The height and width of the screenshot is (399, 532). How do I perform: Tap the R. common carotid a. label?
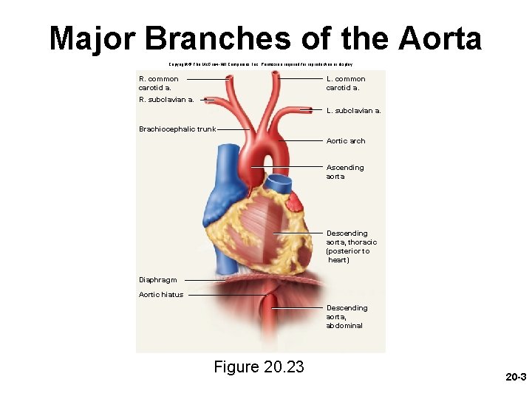pyautogui.click(x=159, y=83)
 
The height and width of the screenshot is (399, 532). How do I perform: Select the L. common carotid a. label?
pyautogui.click(x=346, y=83)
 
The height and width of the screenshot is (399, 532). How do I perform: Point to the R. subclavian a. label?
pyautogui.click(x=167, y=98)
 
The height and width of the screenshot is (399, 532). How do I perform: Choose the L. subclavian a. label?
pyautogui.click(x=354, y=111)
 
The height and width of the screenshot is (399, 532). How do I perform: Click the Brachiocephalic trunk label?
pyautogui.click(x=177, y=129)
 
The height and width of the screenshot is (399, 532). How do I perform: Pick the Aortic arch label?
pyautogui.click(x=346, y=140)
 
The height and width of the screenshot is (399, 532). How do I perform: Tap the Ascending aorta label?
pyautogui.click(x=345, y=172)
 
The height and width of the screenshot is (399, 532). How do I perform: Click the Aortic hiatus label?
pyautogui.click(x=161, y=294)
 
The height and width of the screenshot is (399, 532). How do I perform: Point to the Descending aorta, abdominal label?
pyautogui.click(x=347, y=316)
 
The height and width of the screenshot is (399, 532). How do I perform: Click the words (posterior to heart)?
pyautogui.click(x=348, y=256)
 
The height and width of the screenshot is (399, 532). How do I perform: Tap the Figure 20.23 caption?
pyautogui.click(x=259, y=366)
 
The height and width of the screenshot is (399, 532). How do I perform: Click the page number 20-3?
pyautogui.click(x=515, y=377)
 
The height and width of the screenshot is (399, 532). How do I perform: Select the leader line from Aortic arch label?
pyautogui.click(x=303, y=140)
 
